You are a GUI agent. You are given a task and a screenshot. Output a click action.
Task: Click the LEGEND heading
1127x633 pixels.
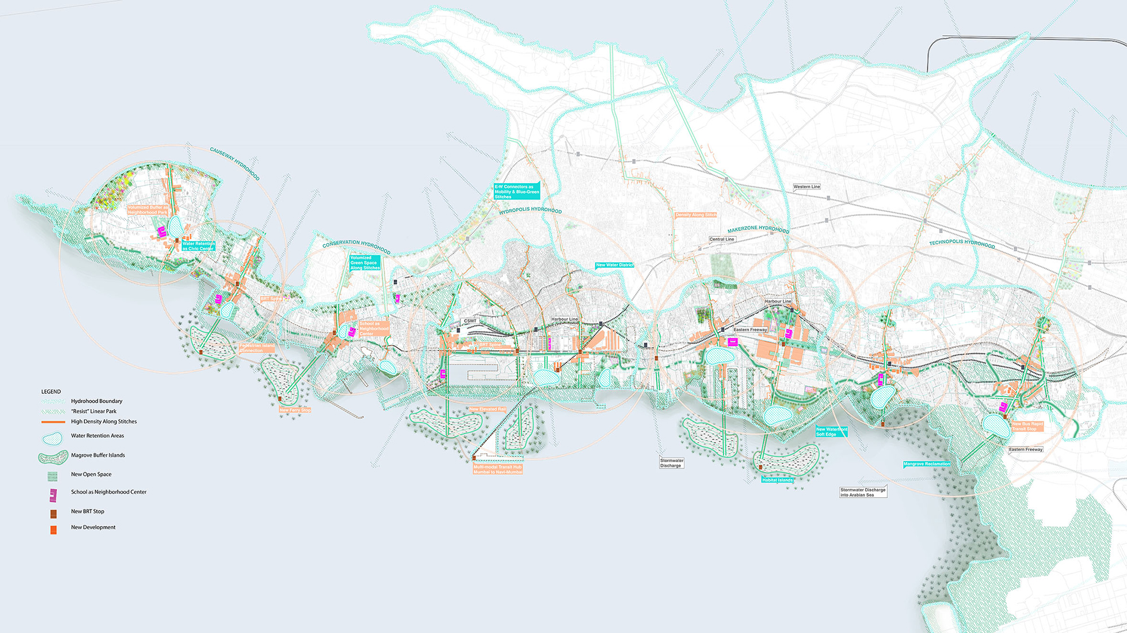pyautogui.click(x=51, y=391)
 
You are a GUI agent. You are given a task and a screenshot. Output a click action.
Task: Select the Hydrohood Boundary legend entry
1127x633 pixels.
pyautogui.click(x=96, y=401)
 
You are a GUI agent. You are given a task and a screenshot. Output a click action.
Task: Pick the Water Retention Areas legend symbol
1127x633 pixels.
pyautogui.click(x=52, y=438)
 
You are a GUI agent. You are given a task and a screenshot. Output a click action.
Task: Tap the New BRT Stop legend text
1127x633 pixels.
pyautogui.click(x=87, y=511)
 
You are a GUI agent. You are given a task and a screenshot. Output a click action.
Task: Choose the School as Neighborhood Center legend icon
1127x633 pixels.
pyautogui.click(x=53, y=495)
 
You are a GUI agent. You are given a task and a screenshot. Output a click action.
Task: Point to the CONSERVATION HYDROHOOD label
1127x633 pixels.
pyautogui.click(x=356, y=246)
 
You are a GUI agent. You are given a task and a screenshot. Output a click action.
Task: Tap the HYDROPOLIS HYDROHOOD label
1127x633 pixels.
pyautogui.click(x=530, y=210)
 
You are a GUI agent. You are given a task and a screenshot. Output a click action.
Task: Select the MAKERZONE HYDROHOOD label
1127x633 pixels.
pyautogui.click(x=758, y=229)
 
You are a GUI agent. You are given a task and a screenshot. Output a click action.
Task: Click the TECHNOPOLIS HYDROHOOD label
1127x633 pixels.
pyautogui.click(x=962, y=244)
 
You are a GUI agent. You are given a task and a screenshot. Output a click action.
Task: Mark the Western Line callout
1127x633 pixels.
pyautogui.click(x=806, y=187)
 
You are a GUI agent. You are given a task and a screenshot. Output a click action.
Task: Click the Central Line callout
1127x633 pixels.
pyautogui.click(x=722, y=239)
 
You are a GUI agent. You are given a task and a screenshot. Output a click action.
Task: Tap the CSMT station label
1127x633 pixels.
pyautogui.click(x=470, y=321)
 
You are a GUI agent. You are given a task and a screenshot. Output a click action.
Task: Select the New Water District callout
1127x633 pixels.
pyautogui.click(x=615, y=265)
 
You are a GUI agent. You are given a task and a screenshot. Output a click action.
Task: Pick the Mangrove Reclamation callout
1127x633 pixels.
pyautogui.click(x=926, y=464)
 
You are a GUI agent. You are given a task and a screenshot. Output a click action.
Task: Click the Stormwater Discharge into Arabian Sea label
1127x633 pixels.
pyautogui.click(x=863, y=492)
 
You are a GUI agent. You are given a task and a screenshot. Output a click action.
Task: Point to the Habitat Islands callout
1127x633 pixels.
pyautogui.click(x=778, y=480)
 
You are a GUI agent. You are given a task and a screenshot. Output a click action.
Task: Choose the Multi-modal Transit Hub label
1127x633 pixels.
pyautogui.click(x=498, y=469)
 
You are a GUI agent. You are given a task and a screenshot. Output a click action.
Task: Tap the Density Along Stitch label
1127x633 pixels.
pyautogui.click(x=696, y=215)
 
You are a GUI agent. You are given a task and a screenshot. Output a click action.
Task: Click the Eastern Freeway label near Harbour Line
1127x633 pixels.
pyautogui.click(x=750, y=330)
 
